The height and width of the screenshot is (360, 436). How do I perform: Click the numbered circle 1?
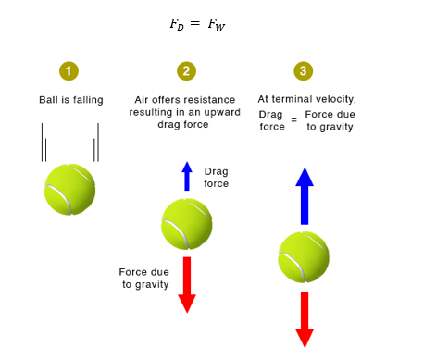pos(69,71)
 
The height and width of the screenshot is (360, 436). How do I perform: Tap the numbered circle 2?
pos(186,71)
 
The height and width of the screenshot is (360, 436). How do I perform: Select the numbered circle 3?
pos(304,71)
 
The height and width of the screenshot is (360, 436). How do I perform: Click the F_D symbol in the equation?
pos(177,24)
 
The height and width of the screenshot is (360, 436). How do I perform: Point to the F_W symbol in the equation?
pos(217,24)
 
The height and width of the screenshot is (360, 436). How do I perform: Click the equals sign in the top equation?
pos(195,23)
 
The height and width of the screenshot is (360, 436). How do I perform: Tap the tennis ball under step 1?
pos(69,190)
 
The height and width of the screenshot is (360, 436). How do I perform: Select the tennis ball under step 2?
pos(187,224)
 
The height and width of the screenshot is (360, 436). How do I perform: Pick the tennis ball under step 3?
pos(304,257)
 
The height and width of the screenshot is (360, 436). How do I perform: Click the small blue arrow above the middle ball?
pos(187,176)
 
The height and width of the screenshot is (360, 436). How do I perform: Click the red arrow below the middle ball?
pos(187,285)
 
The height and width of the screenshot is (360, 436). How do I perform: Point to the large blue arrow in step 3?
pos(305,196)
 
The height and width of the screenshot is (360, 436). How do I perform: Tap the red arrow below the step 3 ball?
pos(305,319)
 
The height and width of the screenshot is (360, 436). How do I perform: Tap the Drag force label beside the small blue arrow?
pos(217,178)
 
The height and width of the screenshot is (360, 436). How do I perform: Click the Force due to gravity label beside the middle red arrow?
pos(144,279)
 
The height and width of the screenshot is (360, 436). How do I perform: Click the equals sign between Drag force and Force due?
pos(294,119)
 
